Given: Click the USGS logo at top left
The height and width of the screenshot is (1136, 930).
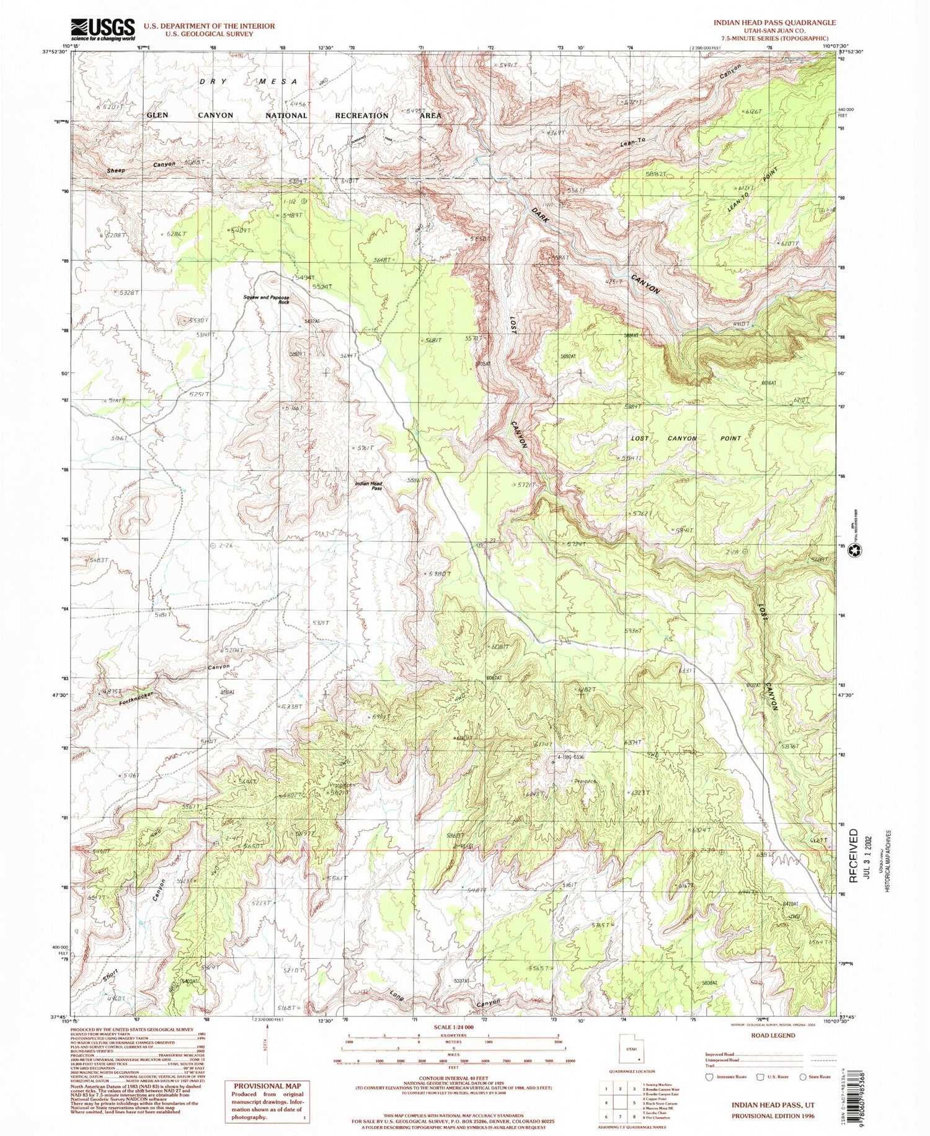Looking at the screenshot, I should tap(103, 29).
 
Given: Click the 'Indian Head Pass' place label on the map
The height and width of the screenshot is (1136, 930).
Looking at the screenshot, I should tap(368, 486).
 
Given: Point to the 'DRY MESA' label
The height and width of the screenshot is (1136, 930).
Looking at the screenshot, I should tap(248, 82).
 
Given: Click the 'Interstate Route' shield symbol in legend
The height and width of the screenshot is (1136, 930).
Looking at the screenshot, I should tap(711, 1076).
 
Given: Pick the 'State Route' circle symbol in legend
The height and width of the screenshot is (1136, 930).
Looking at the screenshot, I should tap(804, 1076).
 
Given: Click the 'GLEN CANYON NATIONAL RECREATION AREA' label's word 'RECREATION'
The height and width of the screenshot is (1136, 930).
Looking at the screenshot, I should tap(361, 116).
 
